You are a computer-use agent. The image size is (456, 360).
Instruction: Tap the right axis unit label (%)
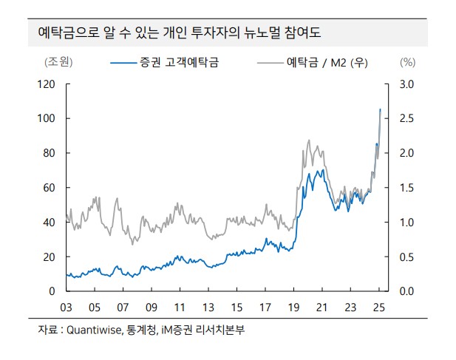point(408,63)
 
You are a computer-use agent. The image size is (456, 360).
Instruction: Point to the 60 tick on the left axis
point(50,188)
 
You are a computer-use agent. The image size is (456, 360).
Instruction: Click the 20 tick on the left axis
point(50,257)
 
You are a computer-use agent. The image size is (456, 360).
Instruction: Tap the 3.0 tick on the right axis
point(406,84)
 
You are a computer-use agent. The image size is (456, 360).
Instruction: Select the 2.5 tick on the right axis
point(406,118)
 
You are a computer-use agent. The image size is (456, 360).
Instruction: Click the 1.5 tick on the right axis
point(406,188)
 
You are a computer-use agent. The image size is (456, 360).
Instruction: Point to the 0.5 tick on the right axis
point(406,257)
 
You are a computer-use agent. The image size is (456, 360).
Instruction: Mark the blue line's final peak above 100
point(380,109)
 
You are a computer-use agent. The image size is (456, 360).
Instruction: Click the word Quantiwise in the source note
point(95,330)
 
